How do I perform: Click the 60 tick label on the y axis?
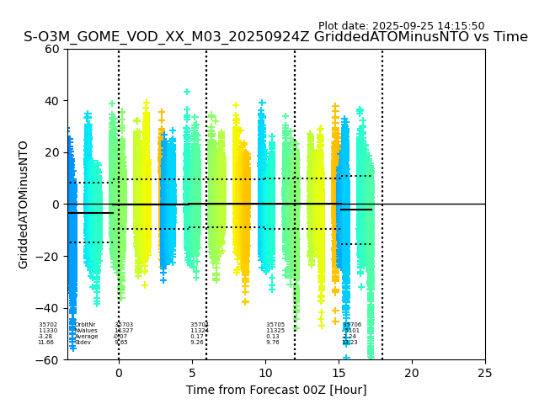51,49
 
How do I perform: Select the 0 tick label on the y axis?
56,205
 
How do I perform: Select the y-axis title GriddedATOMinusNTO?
24,205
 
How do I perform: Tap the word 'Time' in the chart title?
510,37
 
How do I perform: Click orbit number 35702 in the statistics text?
48,325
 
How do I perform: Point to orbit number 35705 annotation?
275,325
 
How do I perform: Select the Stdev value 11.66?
45,343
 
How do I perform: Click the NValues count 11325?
275,331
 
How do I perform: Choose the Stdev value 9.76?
273,343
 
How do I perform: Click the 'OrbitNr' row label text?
85,325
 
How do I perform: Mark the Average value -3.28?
45,337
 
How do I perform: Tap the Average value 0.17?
197,337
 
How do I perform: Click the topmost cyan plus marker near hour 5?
187,92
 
